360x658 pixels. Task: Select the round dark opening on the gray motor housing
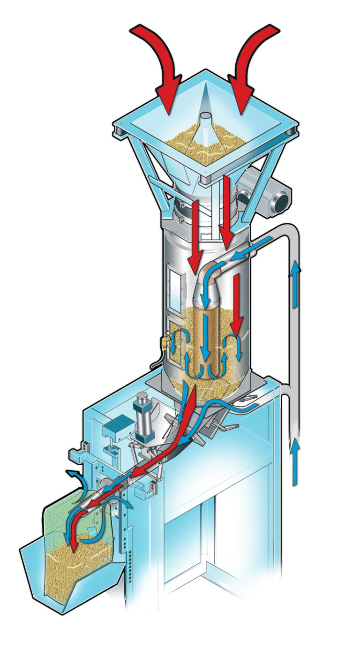click(281, 200)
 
